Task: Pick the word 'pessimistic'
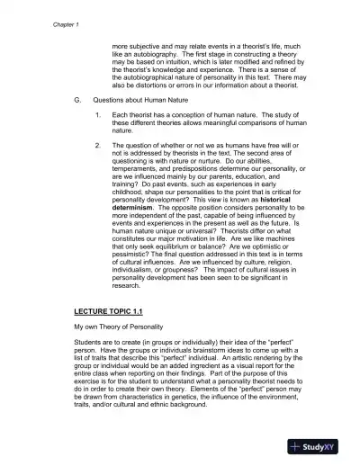(x=135, y=256)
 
